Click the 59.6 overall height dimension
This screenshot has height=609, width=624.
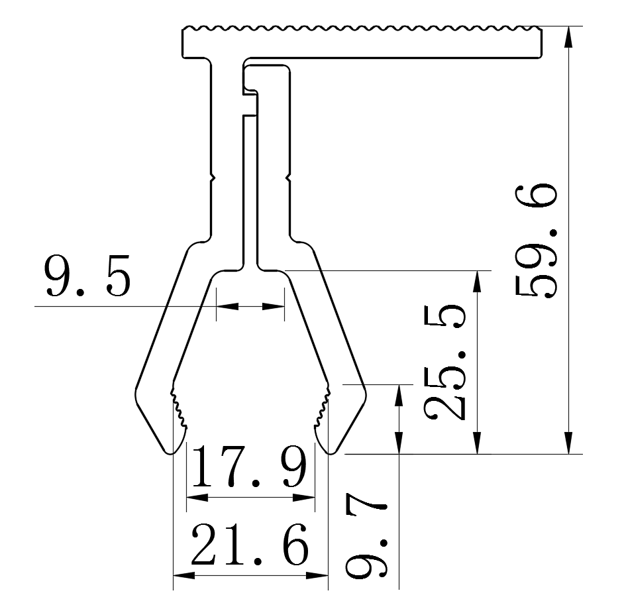tap(535, 243)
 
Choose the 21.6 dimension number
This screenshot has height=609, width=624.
tap(250, 545)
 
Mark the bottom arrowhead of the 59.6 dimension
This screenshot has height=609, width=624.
tap(568, 445)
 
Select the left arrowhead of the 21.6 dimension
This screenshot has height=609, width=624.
tap(182, 574)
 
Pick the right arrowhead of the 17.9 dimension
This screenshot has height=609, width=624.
tap(305, 497)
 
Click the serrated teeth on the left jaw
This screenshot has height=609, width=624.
tap(178, 406)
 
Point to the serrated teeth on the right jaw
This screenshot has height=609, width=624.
tap(323, 406)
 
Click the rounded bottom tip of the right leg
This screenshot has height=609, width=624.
tap(332, 451)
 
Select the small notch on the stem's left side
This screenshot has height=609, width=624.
tap(213, 178)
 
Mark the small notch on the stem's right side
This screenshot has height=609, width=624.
tap(289, 178)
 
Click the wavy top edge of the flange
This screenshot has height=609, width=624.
tap(362, 28)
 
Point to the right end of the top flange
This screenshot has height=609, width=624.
tap(539, 41)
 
